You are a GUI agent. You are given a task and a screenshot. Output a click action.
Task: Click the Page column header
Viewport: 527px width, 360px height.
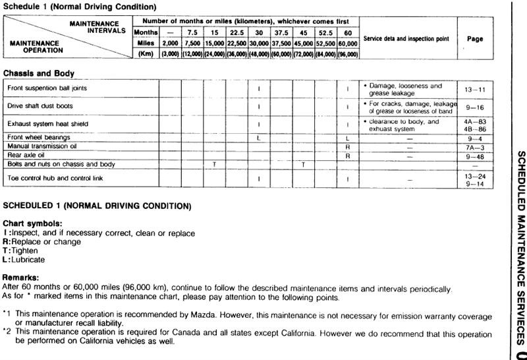click(475, 39)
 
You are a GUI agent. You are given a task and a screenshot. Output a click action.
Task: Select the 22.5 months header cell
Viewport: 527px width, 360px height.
click(236, 31)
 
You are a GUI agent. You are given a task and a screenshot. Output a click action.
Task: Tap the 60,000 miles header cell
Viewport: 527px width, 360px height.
click(347, 43)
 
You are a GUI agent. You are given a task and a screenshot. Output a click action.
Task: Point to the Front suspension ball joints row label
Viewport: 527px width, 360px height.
click(47, 88)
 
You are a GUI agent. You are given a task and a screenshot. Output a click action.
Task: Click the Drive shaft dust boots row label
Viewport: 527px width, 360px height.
click(40, 106)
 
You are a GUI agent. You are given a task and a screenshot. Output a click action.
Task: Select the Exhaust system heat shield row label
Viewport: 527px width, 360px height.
click(47, 124)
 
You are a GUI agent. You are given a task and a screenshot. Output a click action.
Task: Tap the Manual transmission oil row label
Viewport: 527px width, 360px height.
click(42, 146)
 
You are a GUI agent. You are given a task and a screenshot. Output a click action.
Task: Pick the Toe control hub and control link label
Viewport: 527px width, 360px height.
click(55, 178)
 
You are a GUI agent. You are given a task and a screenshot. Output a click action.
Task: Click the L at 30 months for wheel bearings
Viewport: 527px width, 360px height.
click(259, 137)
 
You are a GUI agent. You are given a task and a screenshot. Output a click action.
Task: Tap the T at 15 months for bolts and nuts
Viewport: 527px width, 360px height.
click(215, 164)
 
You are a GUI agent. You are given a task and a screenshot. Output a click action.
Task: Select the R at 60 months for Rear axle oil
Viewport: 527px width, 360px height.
click(347, 155)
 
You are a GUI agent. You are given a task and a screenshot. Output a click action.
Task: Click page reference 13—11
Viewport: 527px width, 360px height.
click(475, 88)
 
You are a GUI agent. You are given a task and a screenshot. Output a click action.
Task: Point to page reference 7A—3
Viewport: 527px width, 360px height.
click(475, 146)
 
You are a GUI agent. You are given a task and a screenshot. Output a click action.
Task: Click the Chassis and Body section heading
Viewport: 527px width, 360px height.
click(38, 73)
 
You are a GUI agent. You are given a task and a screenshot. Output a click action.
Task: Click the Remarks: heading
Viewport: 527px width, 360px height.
click(22, 279)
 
